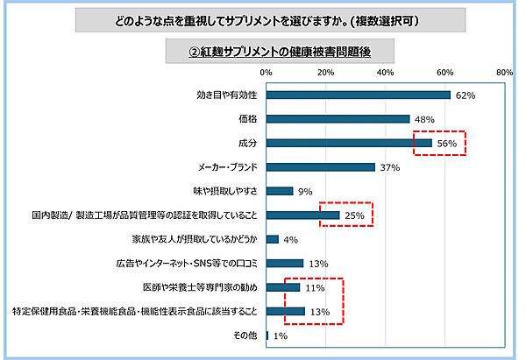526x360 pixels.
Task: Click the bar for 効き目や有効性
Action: [358, 95]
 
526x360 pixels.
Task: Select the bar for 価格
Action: [338, 118]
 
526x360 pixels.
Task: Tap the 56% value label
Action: [446, 143]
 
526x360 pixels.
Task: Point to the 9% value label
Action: [306, 191]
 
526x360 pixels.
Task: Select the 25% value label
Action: [353, 215]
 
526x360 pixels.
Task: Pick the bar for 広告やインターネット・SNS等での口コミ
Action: [285, 263]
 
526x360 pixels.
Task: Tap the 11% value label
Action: [314, 287]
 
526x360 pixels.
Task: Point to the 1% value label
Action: [281, 335]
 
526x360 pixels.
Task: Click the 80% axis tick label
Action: [504, 73]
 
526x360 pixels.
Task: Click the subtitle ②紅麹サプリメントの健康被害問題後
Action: [267, 52]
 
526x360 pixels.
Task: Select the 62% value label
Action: [465, 95]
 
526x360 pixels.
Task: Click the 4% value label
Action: [291, 239]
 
